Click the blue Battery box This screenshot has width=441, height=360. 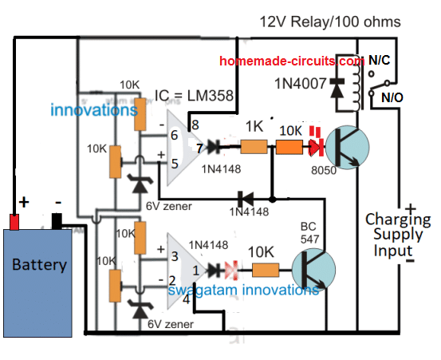point(37,283)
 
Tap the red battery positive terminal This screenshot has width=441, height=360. point(14,222)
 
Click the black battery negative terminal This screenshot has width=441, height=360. point(57,222)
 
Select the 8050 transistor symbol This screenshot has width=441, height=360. point(348,147)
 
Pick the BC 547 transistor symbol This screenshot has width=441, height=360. point(313,270)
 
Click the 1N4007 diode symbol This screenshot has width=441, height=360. point(337,88)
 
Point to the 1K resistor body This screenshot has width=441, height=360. point(254,147)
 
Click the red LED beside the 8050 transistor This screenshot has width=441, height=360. point(316,143)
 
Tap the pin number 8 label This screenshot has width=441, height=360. point(195,125)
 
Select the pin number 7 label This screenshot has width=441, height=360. point(199,148)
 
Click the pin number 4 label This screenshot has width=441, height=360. point(186,299)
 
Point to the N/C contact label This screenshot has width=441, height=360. point(379,60)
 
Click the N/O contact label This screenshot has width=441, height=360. point(392,97)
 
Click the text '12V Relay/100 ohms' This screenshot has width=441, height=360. point(330,22)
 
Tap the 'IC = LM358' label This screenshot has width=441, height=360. point(194,96)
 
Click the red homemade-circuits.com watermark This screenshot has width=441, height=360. point(292,61)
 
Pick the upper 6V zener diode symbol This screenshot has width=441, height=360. point(140,183)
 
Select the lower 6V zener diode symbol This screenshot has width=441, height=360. point(140,309)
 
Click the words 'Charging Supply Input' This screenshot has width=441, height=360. point(398,235)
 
